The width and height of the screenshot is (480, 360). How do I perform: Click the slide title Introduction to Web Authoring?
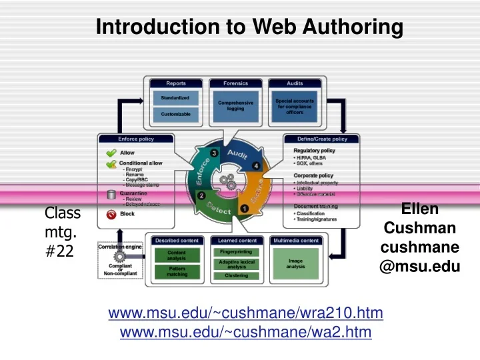[x=249, y=27]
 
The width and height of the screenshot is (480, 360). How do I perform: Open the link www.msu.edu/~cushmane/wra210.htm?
[x=245, y=313]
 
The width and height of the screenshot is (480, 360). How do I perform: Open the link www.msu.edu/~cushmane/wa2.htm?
[x=245, y=332]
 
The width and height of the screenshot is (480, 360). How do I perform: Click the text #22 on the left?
[x=61, y=253]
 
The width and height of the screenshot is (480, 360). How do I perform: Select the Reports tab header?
[x=176, y=83]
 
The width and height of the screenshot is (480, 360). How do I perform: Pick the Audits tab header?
[x=295, y=83]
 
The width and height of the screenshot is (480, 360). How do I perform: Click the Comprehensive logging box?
[x=235, y=106]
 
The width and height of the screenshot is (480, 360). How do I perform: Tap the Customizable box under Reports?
[x=175, y=114]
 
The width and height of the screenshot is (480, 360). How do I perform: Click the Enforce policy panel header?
[x=136, y=139]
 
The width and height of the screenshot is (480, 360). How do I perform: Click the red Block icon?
[x=111, y=214]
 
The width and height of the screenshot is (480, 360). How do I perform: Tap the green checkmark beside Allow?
[x=111, y=153]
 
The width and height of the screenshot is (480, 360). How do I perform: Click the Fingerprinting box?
[x=236, y=252]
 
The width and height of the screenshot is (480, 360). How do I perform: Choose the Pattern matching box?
[x=177, y=271]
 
